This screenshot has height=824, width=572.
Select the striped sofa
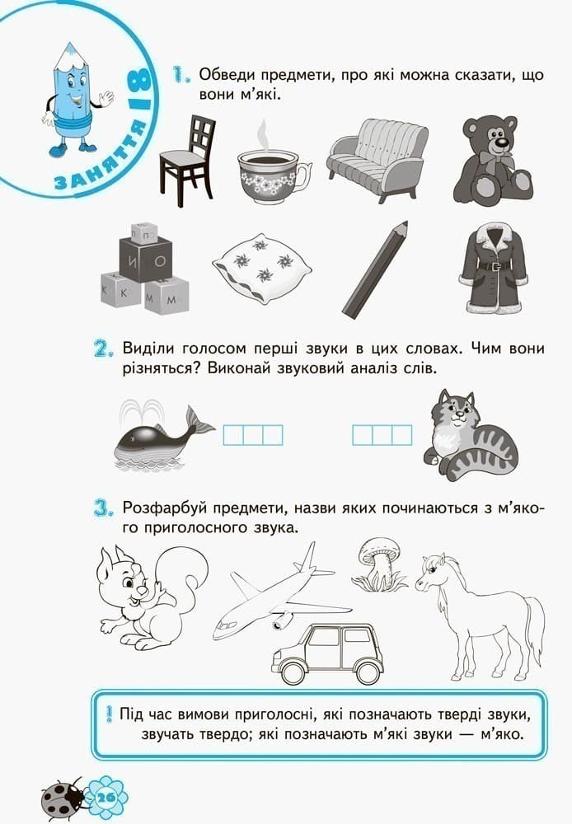(377, 157)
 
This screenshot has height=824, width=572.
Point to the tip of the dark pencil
(406, 222)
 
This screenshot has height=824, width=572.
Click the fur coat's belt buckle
(495, 266)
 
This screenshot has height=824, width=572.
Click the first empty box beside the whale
(233, 436)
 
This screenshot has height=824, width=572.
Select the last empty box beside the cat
(402, 436)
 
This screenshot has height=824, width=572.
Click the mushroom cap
(378, 549)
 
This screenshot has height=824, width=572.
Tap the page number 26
(106, 797)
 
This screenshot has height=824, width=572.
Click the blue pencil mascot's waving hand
(106, 98)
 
